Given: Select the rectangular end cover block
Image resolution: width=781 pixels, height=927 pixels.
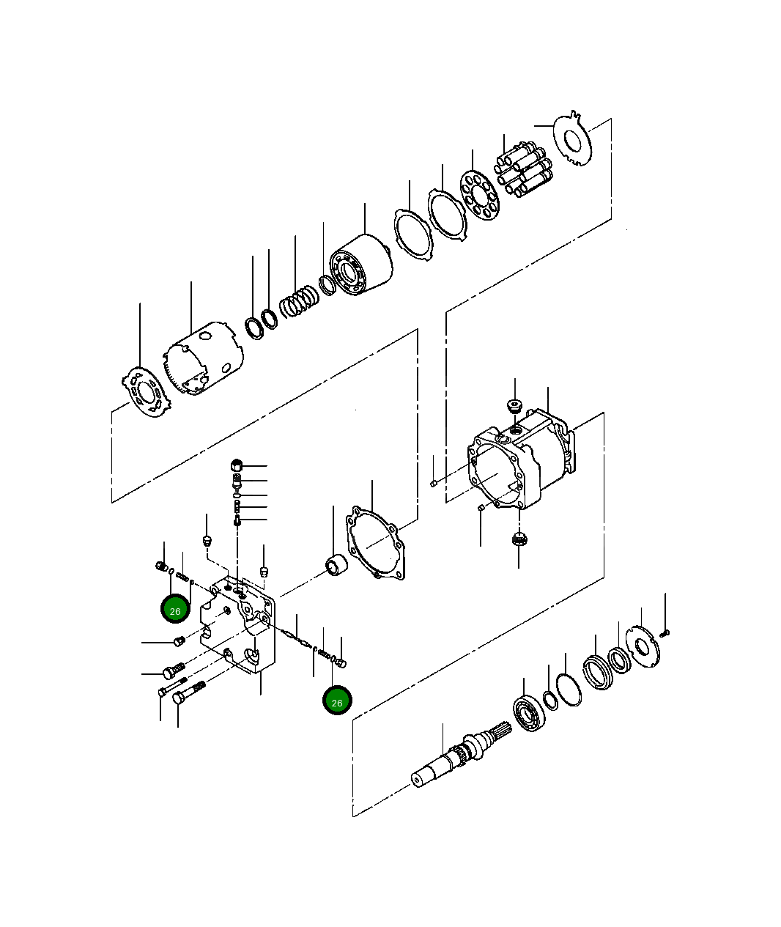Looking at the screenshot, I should [240, 627].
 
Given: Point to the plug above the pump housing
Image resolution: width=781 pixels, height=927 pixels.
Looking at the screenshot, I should [515, 405].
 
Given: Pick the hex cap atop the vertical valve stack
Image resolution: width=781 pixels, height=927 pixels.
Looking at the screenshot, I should [237, 464].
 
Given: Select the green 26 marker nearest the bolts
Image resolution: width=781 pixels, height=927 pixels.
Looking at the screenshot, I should [175, 610].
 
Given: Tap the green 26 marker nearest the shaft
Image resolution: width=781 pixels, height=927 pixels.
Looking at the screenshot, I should [337, 701].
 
